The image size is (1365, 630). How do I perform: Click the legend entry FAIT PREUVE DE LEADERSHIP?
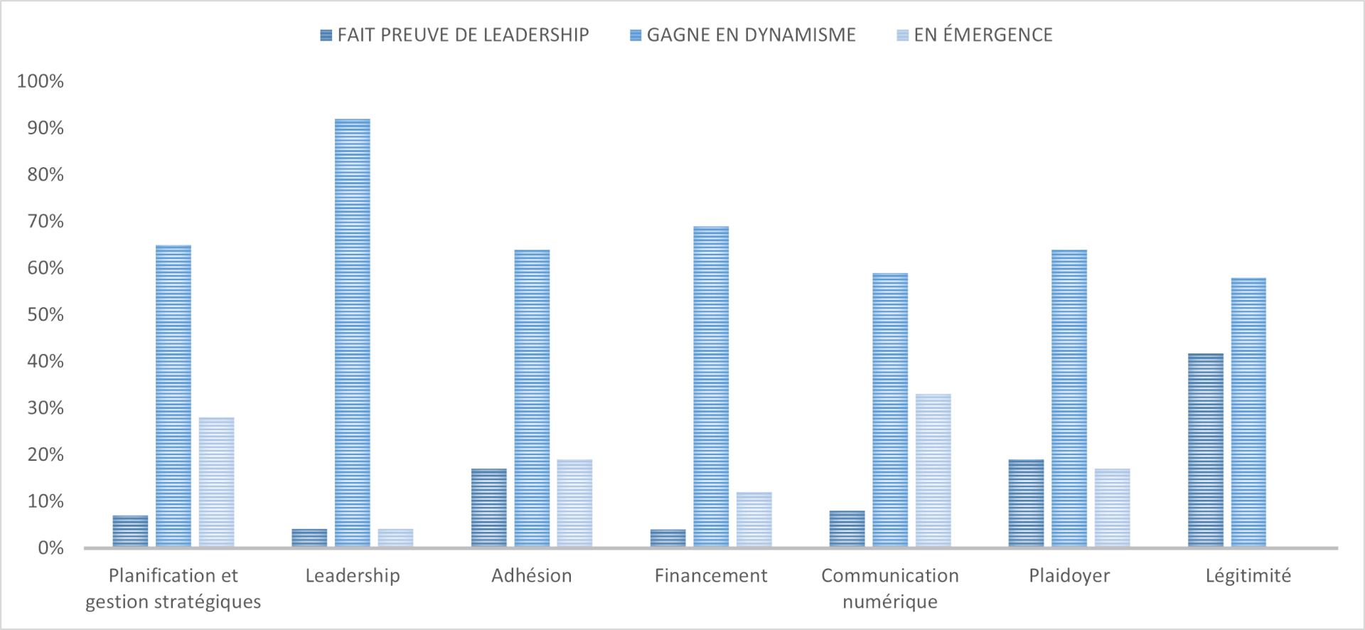pyautogui.click(x=455, y=35)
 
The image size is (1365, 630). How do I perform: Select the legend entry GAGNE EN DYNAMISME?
pyautogui.click(x=743, y=35)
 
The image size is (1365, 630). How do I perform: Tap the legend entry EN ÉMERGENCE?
pyautogui.click(x=975, y=35)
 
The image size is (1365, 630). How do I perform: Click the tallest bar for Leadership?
pyautogui.click(x=353, y=333)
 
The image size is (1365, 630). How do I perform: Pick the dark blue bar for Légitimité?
pyautogui.click(x=1206, y=450)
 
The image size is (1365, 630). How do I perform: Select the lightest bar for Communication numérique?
pyautogui.click(x=933, y=470)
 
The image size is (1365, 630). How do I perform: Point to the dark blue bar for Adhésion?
pyautogui.click(x=489, y=508)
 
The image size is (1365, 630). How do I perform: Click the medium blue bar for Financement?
pyautogui.click(x=711, y=387)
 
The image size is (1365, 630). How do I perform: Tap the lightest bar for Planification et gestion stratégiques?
pyautogui.click(x=217, y=482)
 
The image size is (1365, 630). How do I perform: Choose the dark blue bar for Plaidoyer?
pyautogui.click(x=1027, y=503)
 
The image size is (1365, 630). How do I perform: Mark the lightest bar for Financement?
pyautogui.click(x=754, y=520)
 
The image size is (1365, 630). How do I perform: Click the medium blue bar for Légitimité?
pyautogui.click(x=1248, y=412)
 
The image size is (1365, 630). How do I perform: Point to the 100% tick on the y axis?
pyautogui.click(x=41, y=81)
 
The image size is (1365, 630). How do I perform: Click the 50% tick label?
pyautogui.click(x=45, y=314)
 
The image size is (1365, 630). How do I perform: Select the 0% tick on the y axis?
pyautogui.click(x=50, y=548)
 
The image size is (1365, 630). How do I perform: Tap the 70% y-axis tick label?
pyautogui.click(x=45, y=221)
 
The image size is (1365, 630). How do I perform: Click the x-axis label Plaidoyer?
pyautogui.click(x=1069, y=576)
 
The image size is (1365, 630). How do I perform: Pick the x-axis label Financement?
pyautogui.click(x=711, y=575)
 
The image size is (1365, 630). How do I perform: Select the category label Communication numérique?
pyautogui.click(x=890, y=588)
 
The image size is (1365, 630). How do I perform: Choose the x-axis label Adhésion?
pyautogui.click(x=532, y=575)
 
